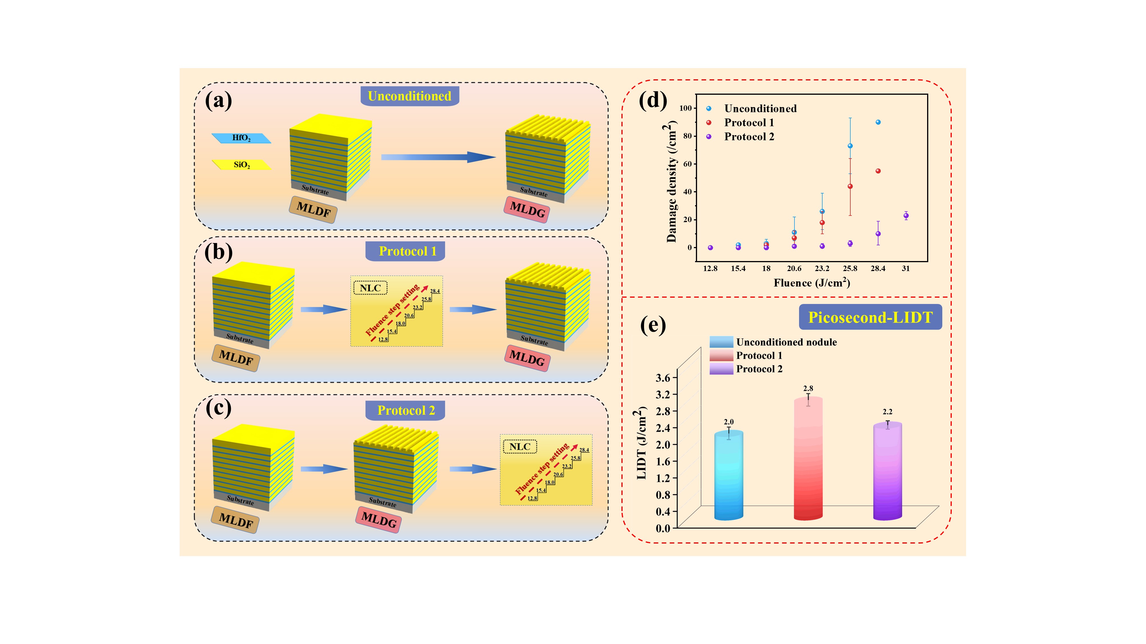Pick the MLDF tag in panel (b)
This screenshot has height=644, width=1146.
click(x=236, y=357)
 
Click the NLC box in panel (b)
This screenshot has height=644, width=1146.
click(x=370, y=288)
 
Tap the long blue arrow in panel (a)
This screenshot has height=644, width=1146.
click(x=438, y=157)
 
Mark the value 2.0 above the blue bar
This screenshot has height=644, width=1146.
click(x=729, y=422)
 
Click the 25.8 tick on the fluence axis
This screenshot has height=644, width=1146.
click(x=850, y=268)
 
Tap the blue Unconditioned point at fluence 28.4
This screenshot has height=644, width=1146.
click(x=878, y=122)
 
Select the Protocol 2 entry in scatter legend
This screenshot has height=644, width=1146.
click(x=749, y=137)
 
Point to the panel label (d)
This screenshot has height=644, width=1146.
click(x=653, y=101)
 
